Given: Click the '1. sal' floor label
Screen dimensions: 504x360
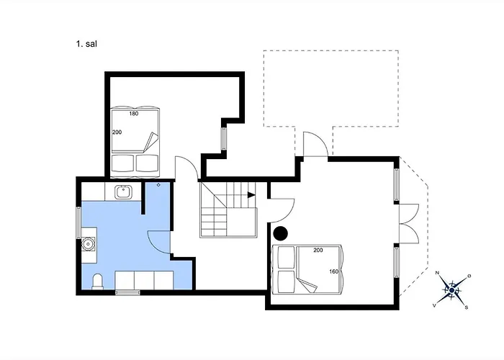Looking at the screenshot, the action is (x=86, y=44).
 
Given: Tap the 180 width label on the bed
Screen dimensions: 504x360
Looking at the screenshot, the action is (x=134, y=114).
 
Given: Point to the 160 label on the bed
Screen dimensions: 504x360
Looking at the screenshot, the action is (x=334, y=271).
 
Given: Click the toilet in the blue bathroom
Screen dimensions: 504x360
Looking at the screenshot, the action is (x=97, y=282).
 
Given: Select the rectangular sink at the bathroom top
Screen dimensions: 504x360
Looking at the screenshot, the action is (x=123, y=192).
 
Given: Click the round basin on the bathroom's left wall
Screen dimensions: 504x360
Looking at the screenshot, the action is (x=88, y=243).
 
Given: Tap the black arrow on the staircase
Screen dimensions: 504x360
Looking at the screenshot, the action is (x=251, y=195).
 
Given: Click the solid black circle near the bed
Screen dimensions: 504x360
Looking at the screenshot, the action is (x=281, y=233).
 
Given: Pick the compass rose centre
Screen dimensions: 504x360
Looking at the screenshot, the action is (x=452, y=291).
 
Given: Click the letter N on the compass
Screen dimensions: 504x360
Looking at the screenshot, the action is (x=437, y=273).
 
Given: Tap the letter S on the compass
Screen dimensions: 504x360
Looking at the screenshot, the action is (x=467, y=307).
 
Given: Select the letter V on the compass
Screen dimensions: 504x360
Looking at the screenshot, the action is (x=434, y=306).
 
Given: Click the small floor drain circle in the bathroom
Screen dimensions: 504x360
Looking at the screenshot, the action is (x=158, y=185).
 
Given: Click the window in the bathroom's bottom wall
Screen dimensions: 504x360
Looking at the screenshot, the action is (x=127, y=292).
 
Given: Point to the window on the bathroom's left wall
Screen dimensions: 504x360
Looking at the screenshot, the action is (x=78, y=222).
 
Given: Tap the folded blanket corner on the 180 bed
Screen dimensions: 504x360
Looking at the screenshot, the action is (x=150, y=142).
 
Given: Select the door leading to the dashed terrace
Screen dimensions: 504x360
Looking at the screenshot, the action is (x=315, y=144).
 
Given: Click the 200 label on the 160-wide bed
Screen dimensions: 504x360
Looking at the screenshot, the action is (x=318, y=250).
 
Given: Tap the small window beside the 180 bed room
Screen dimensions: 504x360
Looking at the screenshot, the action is (x=224, y=138).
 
